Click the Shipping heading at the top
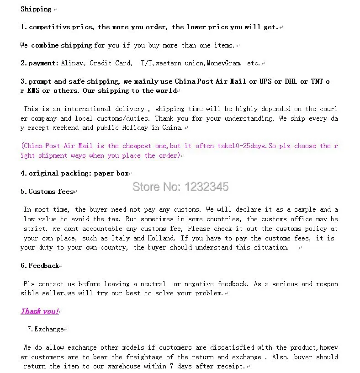tap(36, 9)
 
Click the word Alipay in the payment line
tap(73, 64)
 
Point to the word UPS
tap(265, 82)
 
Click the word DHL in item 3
tap(291, 82)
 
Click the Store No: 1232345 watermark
tap(180, 186)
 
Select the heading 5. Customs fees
tap(47, 192)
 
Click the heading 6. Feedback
tap(40, 266)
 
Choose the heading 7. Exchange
tap(46, 329)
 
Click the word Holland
tap(162, 238)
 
